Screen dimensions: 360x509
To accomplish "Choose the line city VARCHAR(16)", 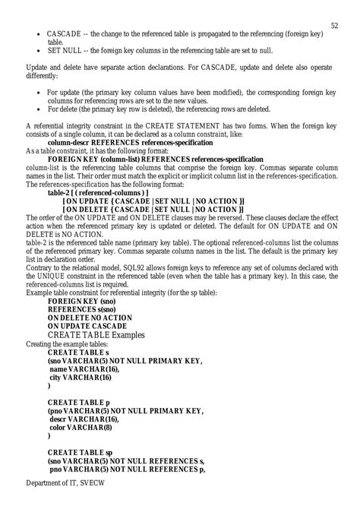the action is [x=84, y=377].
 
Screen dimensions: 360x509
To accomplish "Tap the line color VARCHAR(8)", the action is [x=83, y=427].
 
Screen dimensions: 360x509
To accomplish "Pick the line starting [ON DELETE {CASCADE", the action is [x=153, y=209].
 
